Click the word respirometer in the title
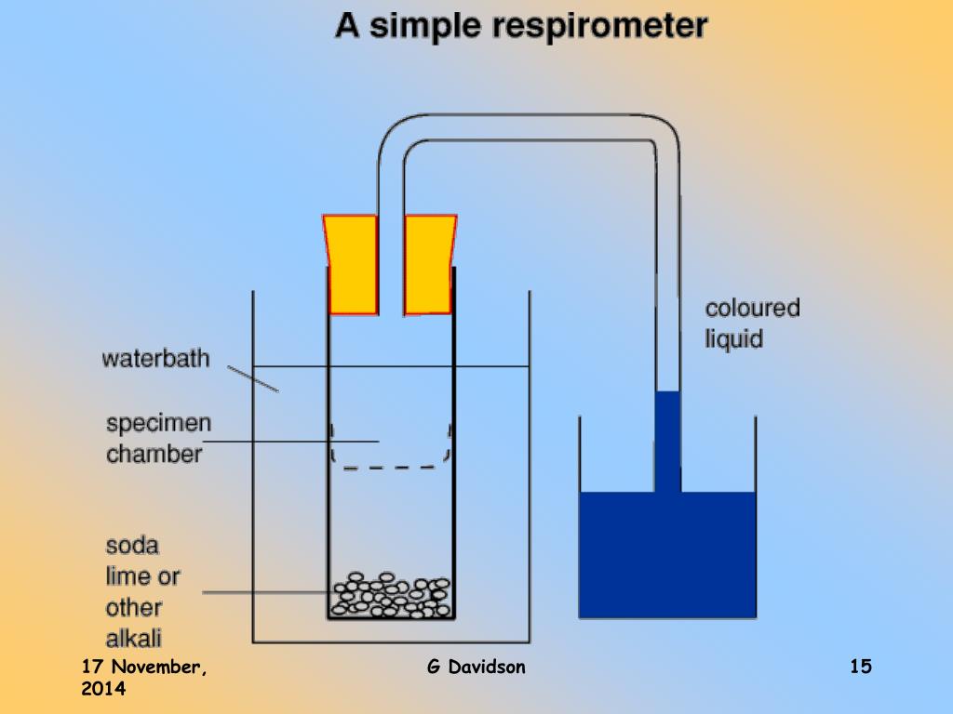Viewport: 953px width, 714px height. [600, 26]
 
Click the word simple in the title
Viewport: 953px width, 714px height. [424, 26]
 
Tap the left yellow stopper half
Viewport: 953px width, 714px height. [351, 265]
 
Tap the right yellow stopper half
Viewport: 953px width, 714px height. [430, 265]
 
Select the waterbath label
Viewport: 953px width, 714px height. [155, 358]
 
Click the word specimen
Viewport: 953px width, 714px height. [158, 423]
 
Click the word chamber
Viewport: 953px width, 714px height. [154, 454]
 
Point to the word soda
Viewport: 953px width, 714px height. [132, 545]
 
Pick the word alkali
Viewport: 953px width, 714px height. [134, 638]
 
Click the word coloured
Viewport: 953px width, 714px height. [752, 308]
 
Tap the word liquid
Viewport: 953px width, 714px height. [733, 338]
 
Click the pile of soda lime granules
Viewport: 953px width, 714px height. [392, 595]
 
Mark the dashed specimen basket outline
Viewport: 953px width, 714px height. [389, 468]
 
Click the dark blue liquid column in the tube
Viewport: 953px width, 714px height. [668, 442]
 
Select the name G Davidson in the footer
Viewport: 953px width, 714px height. [476, 667]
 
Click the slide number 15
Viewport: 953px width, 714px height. [861, 666]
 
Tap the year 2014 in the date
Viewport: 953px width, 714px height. [103, 689]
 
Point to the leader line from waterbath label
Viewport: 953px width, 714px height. [253, 379]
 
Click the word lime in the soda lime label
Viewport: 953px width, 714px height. [128, 576]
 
